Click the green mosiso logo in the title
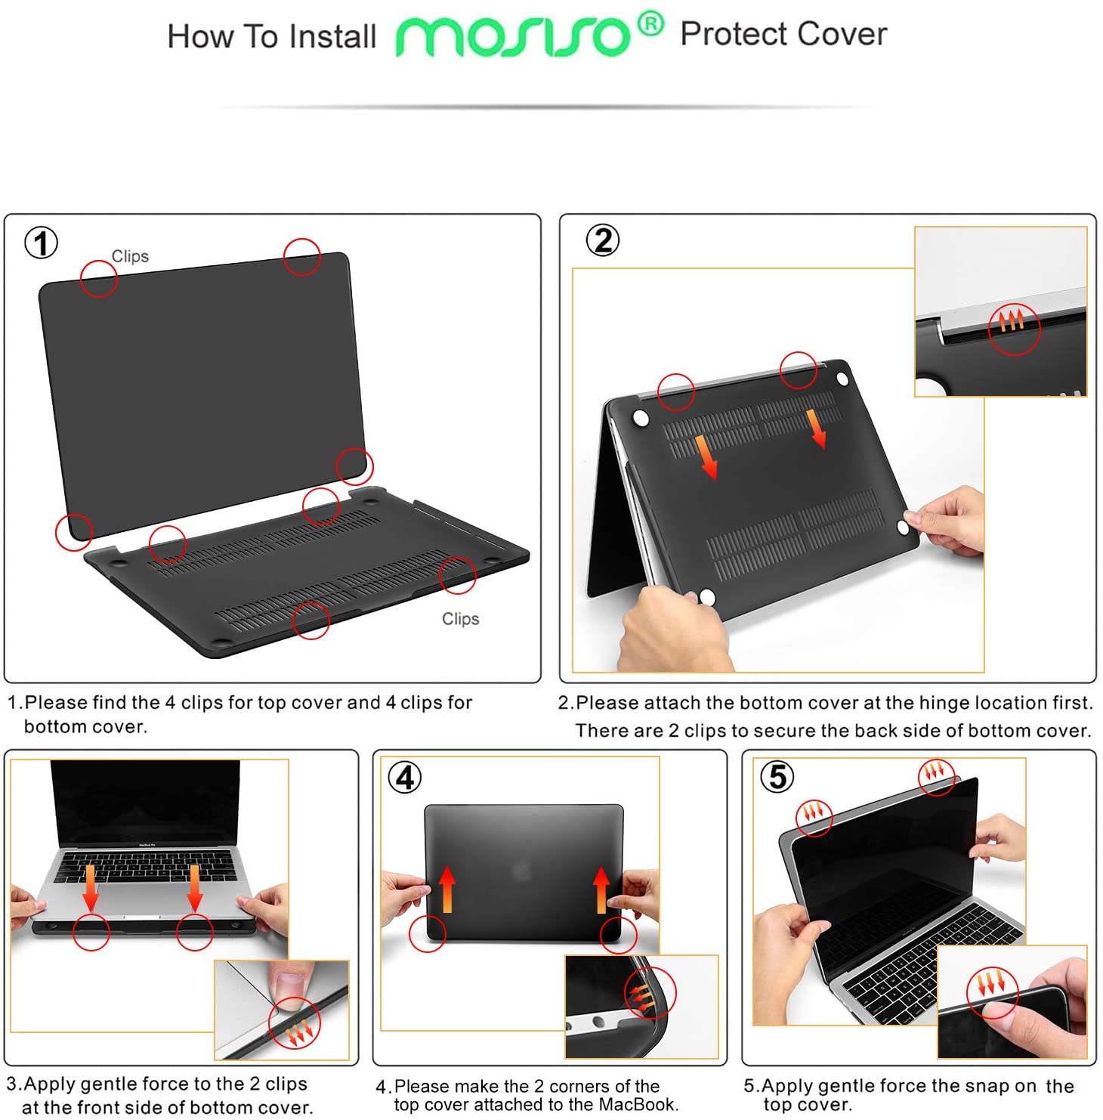tap(512, 36)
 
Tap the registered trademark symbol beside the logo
tap(650, 24)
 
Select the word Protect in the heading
tap(733, 34)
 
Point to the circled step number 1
tap(42, 243)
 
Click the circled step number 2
tap(603, 240)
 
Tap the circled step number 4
tap(406, 777)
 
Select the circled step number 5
tap(777, 776)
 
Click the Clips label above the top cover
tap(130, 256)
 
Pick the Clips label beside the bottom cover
tap(460, 618)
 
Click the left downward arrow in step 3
tap(91, 888)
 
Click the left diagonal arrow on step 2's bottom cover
tap(706, 456)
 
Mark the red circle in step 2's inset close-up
tap(1015, 328)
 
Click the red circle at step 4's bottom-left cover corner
tap(427, 933)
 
